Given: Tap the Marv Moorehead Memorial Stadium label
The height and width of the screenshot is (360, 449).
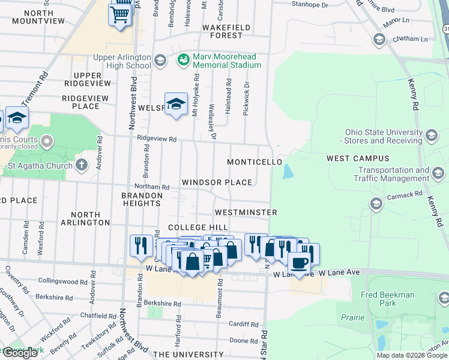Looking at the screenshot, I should (x=227, y=61).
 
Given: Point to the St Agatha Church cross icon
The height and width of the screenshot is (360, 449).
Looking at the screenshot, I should (x=82, y=165).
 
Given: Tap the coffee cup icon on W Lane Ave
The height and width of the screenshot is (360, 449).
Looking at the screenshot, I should (x=299, y=262).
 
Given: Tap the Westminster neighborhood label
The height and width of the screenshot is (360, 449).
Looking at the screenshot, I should (x=246, y=212).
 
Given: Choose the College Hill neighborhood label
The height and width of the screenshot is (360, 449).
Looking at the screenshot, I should (x=197, y=227).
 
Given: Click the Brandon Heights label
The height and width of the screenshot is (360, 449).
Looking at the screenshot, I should (x=142, y=199).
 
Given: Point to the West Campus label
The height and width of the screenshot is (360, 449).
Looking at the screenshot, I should (x=358, y=158).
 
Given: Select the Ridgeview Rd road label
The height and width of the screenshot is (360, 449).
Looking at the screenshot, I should (x=157, y=139).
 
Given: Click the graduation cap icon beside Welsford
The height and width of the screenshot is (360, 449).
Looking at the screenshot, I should (x=176, y=104).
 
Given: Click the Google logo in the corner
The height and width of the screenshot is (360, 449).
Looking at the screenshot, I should (x=20, y=353).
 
